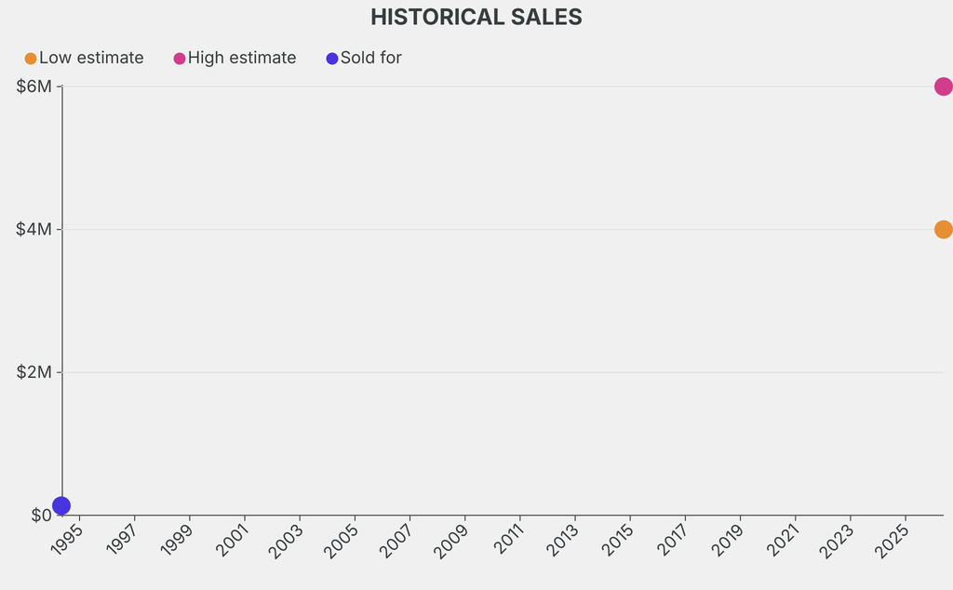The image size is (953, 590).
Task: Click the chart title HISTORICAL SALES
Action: coord(476,17)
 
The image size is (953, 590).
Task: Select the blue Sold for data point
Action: coord(61,505)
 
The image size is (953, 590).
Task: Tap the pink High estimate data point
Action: coord(943,87)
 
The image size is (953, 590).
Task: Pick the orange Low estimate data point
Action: coord(943,230)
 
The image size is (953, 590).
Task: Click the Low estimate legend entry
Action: coord(84,58)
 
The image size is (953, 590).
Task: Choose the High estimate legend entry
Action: coord(235,58)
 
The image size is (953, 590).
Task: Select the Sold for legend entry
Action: coord(364,58)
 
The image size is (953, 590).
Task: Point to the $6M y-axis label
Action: coord(34,87)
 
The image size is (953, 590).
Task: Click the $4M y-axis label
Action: coord(34,230)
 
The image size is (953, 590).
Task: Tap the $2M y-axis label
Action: coord(34,372)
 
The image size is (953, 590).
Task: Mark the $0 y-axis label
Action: coord(41,516)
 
